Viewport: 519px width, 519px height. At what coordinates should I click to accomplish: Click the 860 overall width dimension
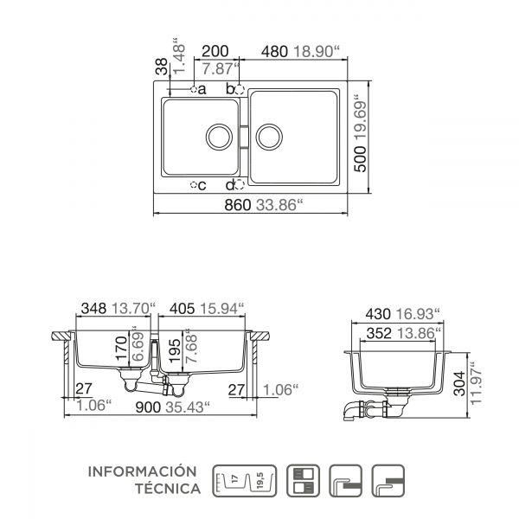tap(238, 205)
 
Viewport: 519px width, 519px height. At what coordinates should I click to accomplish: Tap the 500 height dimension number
tap(361, 159)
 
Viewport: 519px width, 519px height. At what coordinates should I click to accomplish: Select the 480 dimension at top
tap(274, 52)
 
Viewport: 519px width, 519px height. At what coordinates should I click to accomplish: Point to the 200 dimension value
tap(215, 51)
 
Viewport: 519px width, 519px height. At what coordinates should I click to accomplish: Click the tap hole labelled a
tap(194, 89)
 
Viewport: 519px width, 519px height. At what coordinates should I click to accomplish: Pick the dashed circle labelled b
tap(240, 90)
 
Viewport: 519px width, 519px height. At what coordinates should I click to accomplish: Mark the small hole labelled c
tap(194, 185)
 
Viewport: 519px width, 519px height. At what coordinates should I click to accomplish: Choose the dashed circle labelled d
tap(240, 185)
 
